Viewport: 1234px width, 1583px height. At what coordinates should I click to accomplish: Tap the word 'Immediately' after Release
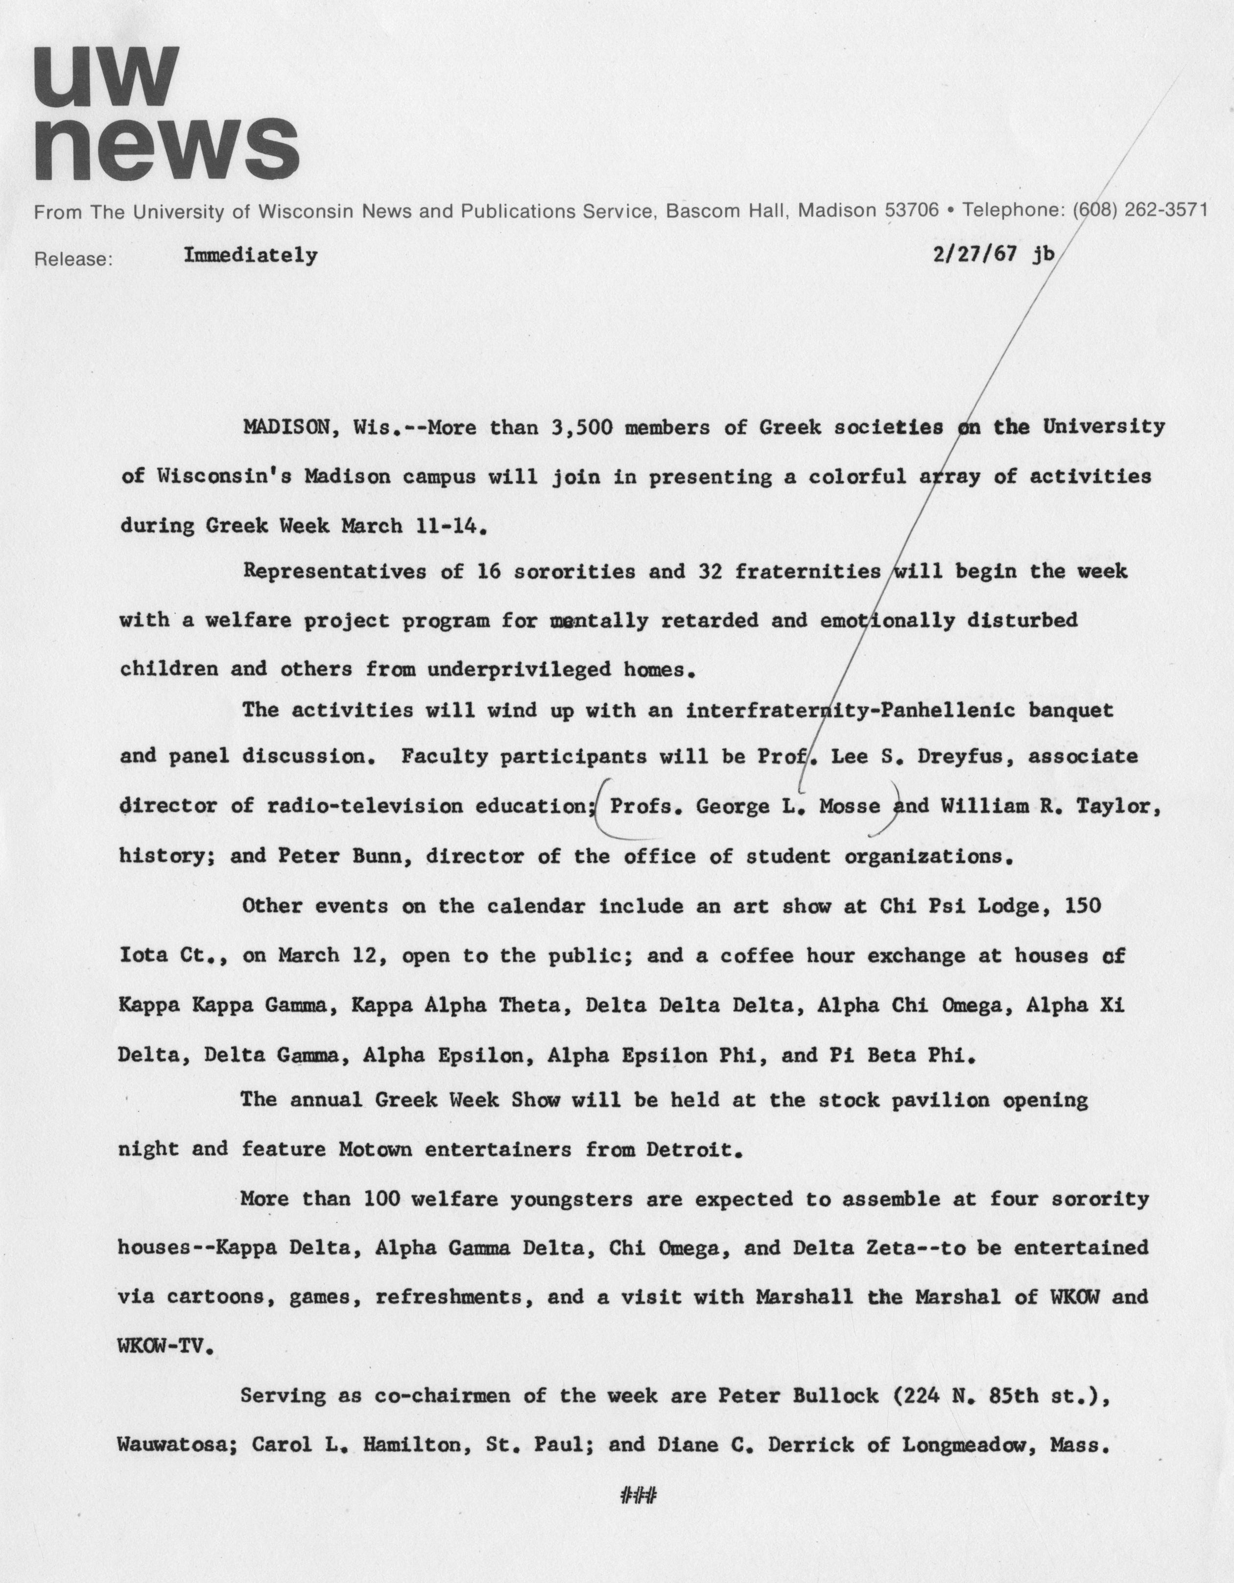(x=250, y=255)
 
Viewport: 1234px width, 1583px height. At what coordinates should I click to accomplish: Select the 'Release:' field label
(x=73, y=259)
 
